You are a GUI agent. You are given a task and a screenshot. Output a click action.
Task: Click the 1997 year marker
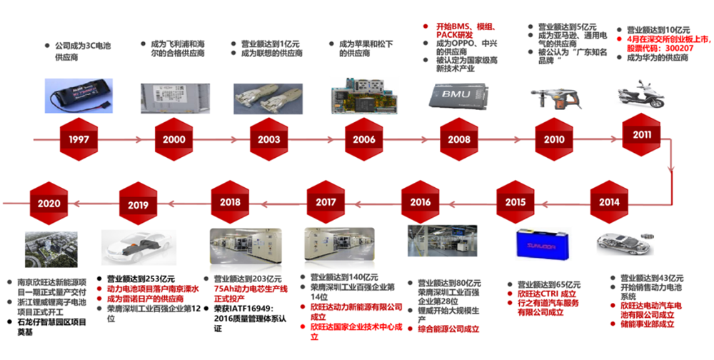[x=79, y=139]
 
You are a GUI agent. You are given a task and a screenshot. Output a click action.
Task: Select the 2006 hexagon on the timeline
[x=365, y=139]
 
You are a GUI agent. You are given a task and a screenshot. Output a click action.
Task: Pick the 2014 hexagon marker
[x=609, y=201]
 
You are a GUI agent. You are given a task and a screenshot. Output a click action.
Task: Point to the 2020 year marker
[x=49, y=203]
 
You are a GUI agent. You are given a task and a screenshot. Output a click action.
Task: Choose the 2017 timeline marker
[x=326, y=202]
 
